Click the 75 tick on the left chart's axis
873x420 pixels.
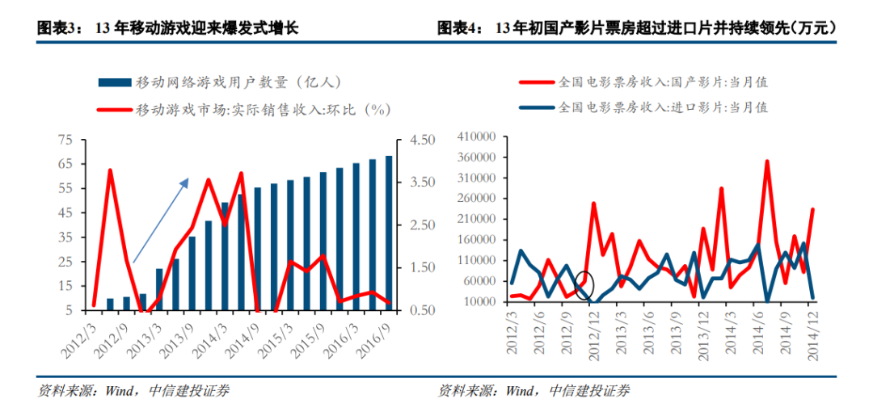pyautogui.click(x=65, y=140)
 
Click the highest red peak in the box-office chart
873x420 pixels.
pyautogui.click(x=766, y=162)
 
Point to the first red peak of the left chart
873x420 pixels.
pyautogui.click(x=110, y=170)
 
